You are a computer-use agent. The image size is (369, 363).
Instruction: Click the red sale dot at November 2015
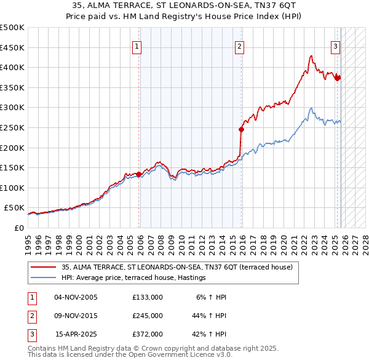pyautogui.click(x=242, y=129)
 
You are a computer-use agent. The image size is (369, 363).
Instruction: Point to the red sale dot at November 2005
pyautogui.click(x=139, y=174)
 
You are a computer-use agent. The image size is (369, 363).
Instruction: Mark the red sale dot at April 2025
pyautogui.click(x=338, y=78)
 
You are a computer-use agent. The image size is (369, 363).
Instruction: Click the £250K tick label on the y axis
pyautogui.click(x=12, y=127)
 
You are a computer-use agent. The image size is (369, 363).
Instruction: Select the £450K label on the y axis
pyautogui.click(x=12, y=47)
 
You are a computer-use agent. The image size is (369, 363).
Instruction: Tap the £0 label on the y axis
pyautogui.click(x=18, y=228)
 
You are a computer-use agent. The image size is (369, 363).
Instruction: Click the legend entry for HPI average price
pyautogui.click(x=133, y=278)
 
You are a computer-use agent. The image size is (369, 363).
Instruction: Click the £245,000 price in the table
pyautogui.click(x=147, y=315)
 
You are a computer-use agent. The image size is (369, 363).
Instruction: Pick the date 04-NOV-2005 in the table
pyautogui.click(x=76, y=297)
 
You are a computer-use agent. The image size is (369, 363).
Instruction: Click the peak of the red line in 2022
pyautogui.click(x=311, y=56)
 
